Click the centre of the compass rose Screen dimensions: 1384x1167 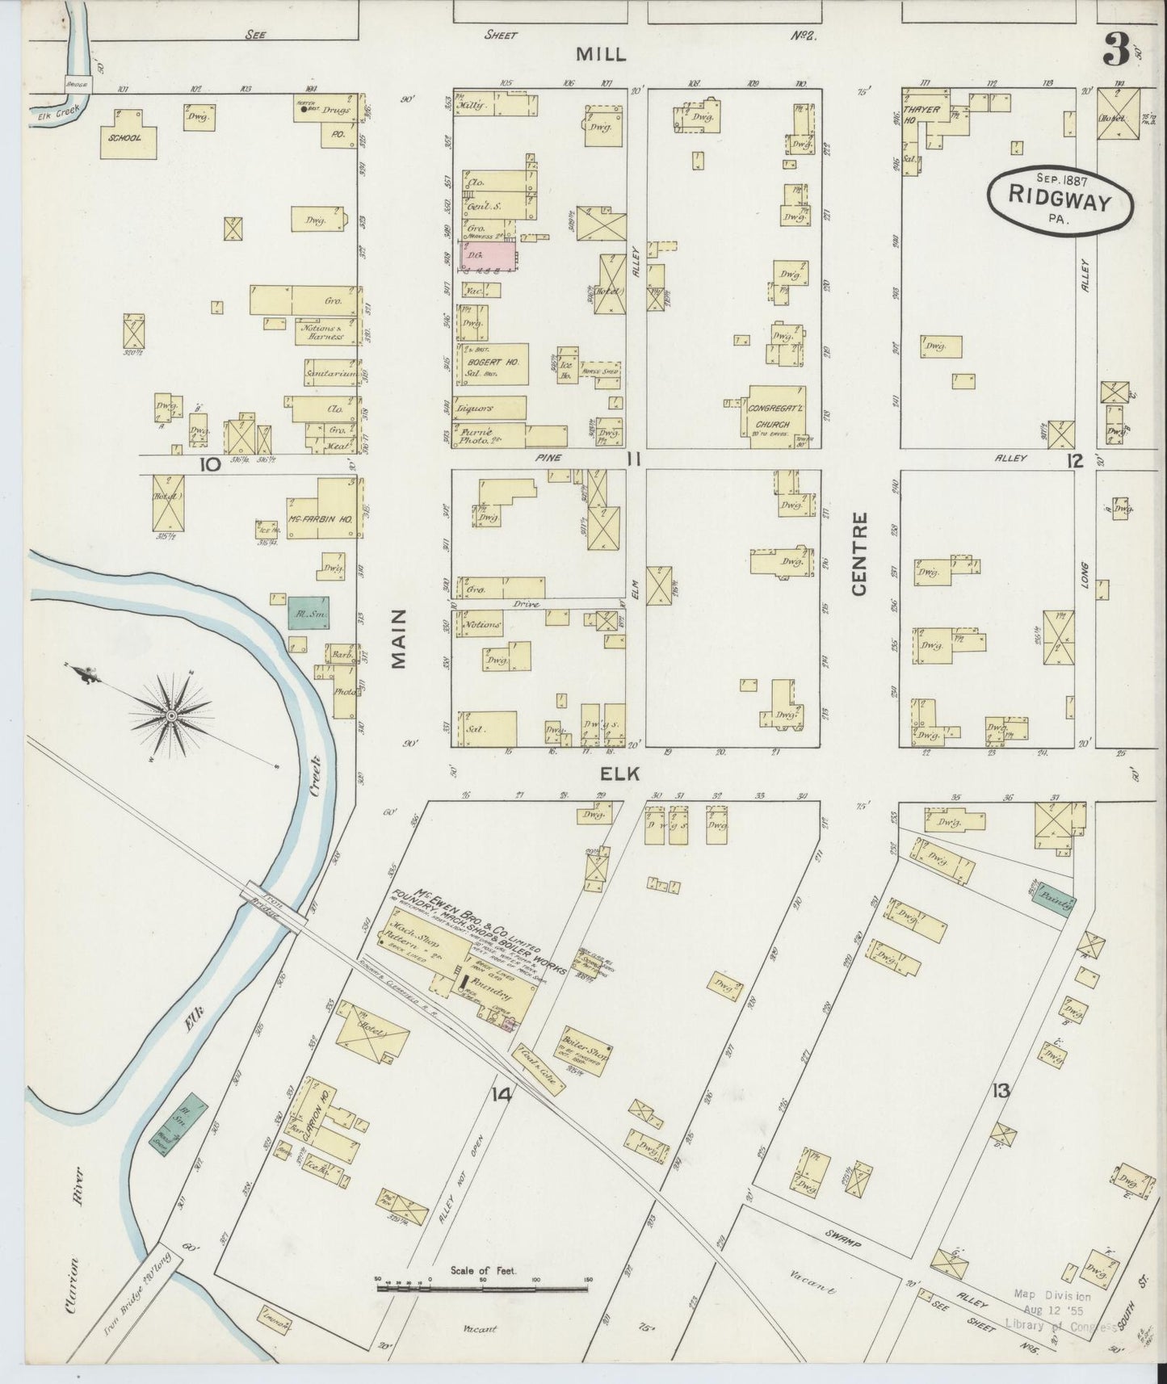pos(171,715)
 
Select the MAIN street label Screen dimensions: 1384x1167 pos(398,639)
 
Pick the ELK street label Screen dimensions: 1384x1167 pos(620,773)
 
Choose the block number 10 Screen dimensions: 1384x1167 pos(210,464)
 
